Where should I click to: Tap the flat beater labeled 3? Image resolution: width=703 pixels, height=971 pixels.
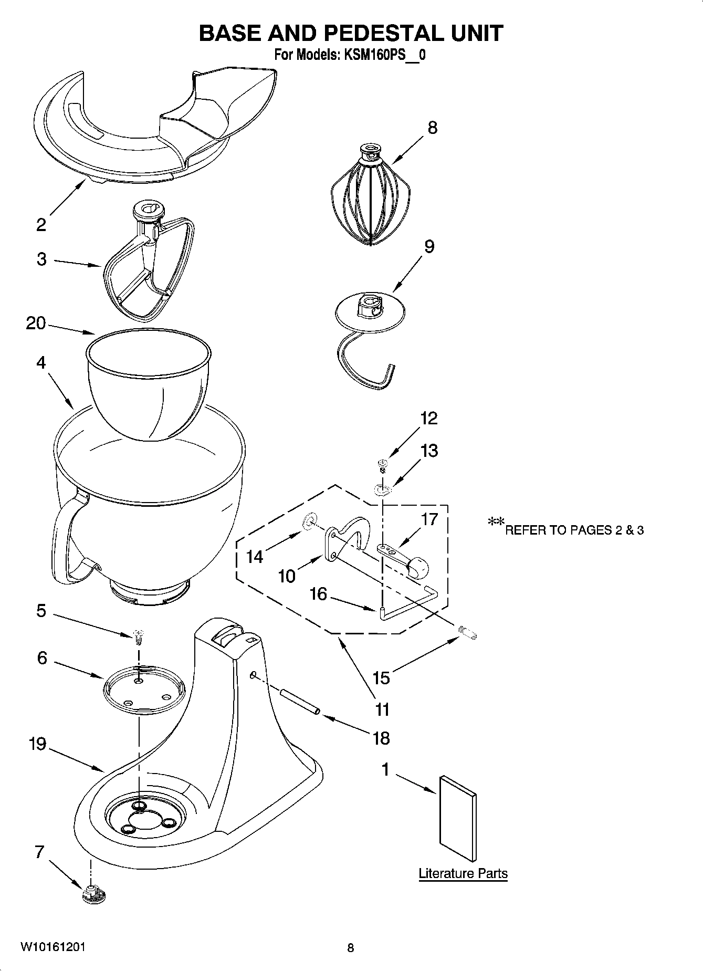coord(149,268)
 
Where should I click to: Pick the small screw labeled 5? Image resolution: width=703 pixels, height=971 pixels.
coord(139,635)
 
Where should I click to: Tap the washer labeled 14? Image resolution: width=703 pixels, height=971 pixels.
coord(309,521)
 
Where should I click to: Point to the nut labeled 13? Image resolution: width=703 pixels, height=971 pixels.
coord(383,490)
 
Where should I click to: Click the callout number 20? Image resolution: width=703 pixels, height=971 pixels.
coord(36,323)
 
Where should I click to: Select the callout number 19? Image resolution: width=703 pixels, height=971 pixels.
coord(37,744)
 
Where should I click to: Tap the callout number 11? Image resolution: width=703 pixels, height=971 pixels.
coord(382,709)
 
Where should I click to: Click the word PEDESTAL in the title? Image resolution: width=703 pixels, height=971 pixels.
coord(382,33)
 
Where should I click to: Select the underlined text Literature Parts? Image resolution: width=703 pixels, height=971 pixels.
coord(463,873)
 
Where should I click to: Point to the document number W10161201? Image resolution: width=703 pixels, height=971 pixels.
coord(53,947)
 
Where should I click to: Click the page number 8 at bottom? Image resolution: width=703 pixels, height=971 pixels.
coord(351,948)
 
